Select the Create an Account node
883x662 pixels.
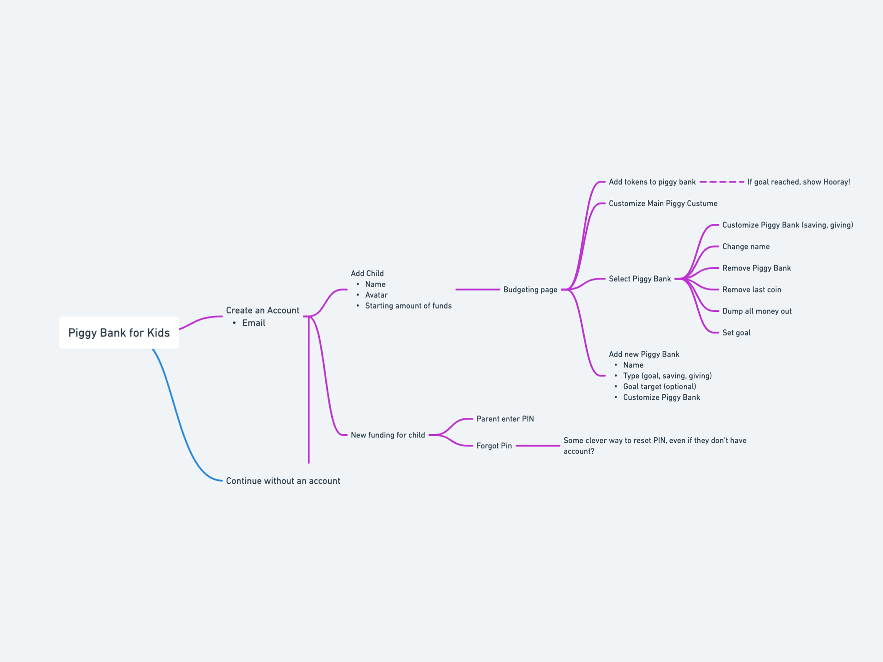262,310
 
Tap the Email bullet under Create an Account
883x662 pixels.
254,323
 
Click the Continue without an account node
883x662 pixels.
283,481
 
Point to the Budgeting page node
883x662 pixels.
530,290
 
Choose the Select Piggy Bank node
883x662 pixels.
640,279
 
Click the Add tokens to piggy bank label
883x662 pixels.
652,182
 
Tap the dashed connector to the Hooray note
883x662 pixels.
722,182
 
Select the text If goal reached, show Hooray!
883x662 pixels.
798,182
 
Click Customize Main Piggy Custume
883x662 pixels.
663,203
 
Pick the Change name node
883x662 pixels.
746,246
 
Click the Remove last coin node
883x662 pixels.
751,290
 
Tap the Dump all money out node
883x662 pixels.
757,311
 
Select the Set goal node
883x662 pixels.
736,333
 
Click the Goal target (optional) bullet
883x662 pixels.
659,387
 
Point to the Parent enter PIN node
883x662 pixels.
505,419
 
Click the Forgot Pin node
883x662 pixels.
494,446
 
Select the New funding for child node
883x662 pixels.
387,435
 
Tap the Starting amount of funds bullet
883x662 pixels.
408,306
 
